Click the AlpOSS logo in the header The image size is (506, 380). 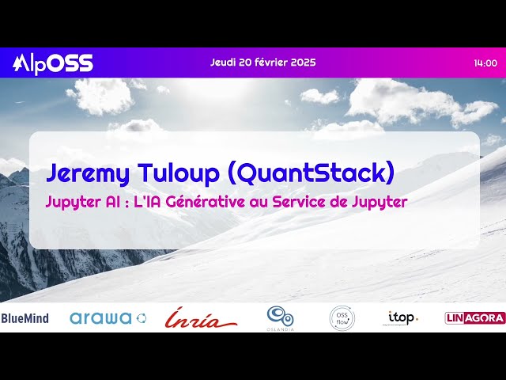53,63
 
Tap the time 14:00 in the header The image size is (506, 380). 485,63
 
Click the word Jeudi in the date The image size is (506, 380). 225,63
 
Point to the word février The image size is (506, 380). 267,63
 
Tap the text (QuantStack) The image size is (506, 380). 304,172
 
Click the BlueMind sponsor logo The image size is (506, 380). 25,318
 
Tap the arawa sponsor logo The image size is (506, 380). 108,318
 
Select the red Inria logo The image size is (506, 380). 200,318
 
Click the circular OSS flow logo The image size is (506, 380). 342,318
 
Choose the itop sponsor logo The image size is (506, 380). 402,317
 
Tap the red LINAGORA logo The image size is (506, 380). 475,318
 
